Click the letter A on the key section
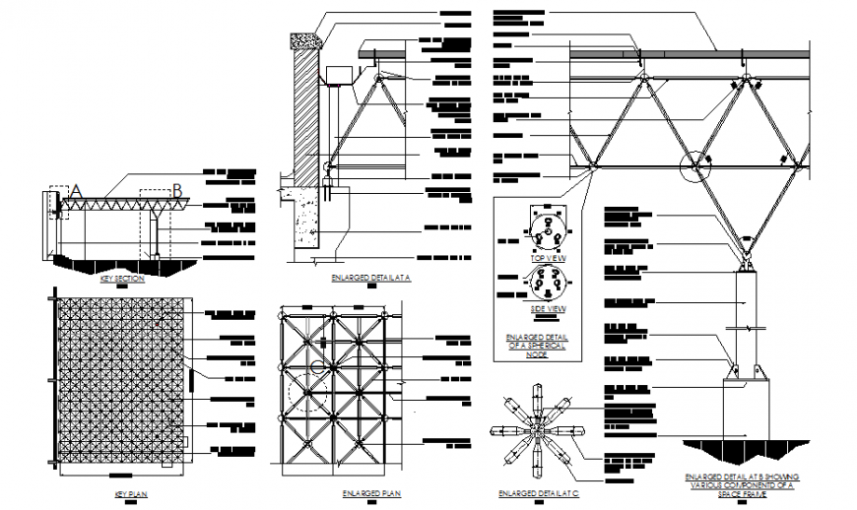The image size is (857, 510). pos(75,191)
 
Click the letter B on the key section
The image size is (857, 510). pos(177,191)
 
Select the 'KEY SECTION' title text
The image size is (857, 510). pos(122,279)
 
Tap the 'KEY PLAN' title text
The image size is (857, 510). pos(131,492)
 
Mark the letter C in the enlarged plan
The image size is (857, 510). pos(315,367)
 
